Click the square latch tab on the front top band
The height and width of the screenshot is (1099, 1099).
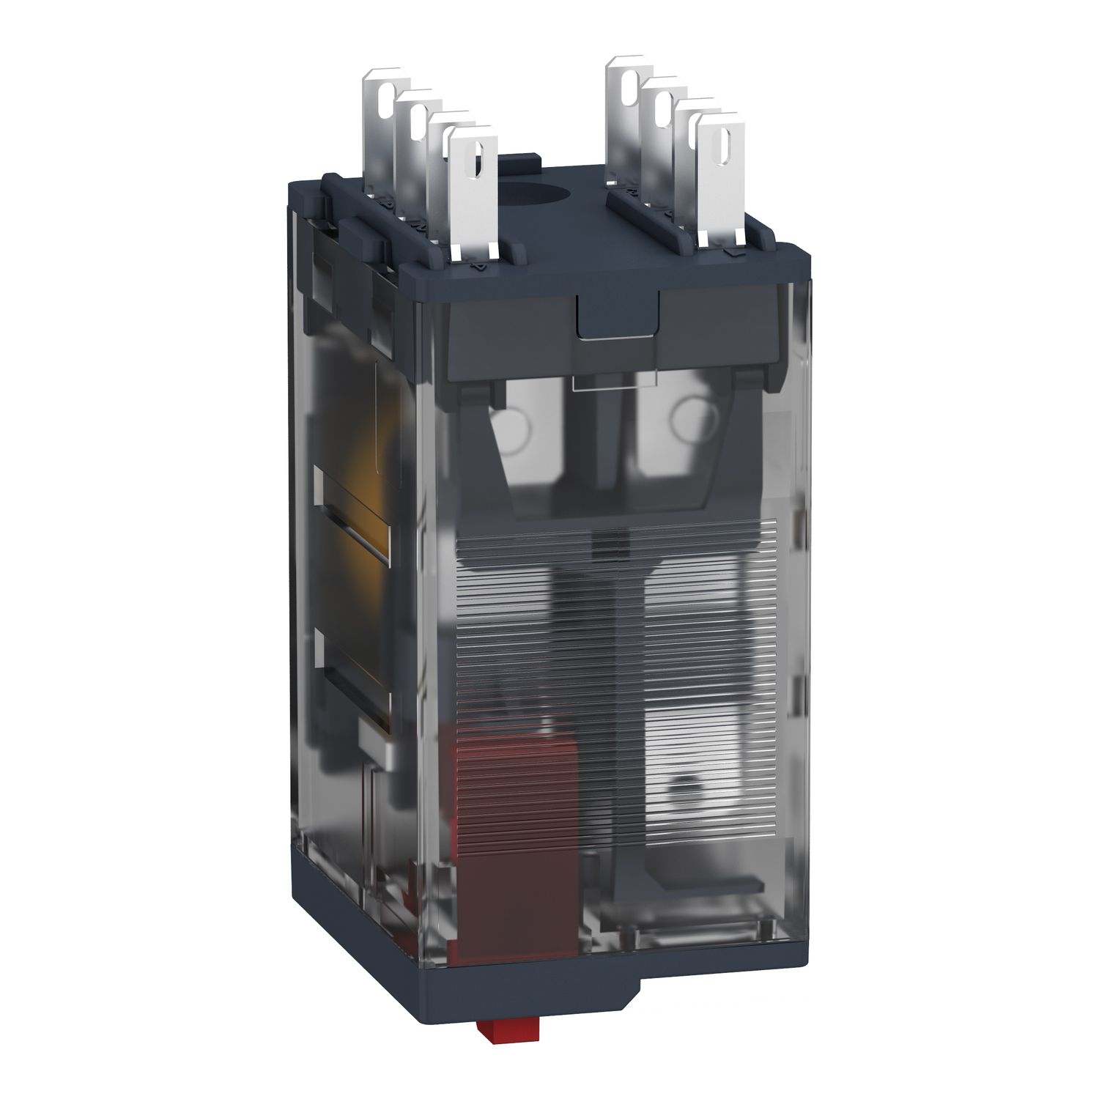coord(616,314)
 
